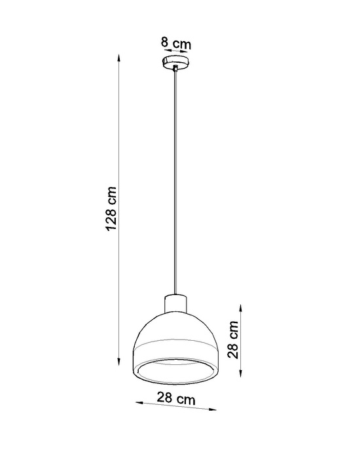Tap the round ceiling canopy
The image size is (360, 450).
click(x=176, y=63)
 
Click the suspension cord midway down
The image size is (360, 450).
click(x=176, y=183)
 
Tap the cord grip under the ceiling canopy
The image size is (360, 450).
click(x=176, y=71)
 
